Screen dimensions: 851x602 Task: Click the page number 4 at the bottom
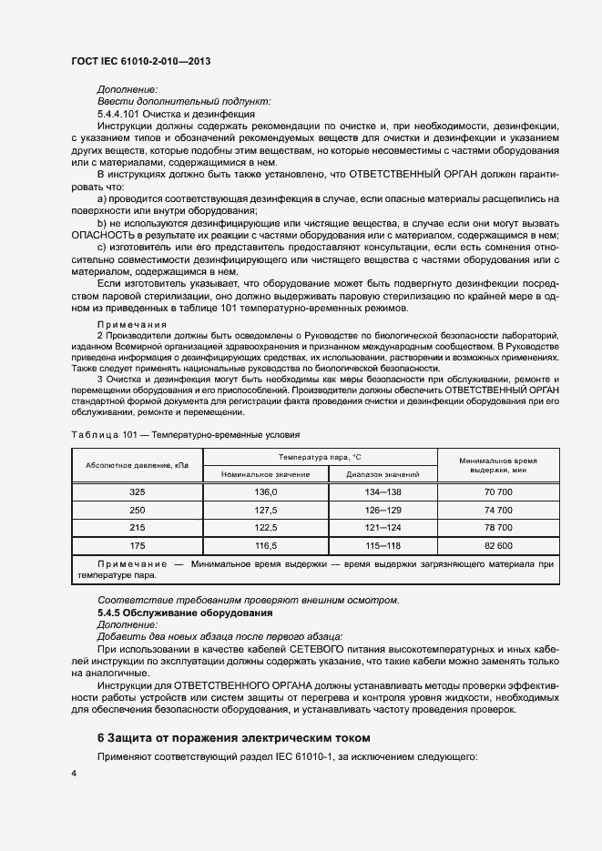point(74,773)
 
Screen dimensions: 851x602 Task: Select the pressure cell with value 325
point(137,491)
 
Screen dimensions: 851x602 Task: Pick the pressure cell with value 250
point(137,510)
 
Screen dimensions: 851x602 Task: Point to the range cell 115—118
point(383,545)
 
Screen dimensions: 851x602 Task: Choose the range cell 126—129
point(383,510)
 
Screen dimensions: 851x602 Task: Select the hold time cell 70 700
point(498,491)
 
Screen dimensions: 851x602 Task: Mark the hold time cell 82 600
point(498,545)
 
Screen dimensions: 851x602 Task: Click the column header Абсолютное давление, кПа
point(137,465)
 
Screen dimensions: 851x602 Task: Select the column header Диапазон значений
point(383,474)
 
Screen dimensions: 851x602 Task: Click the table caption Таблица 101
point(102,434)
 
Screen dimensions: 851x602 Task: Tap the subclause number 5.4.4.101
point(119,114)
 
